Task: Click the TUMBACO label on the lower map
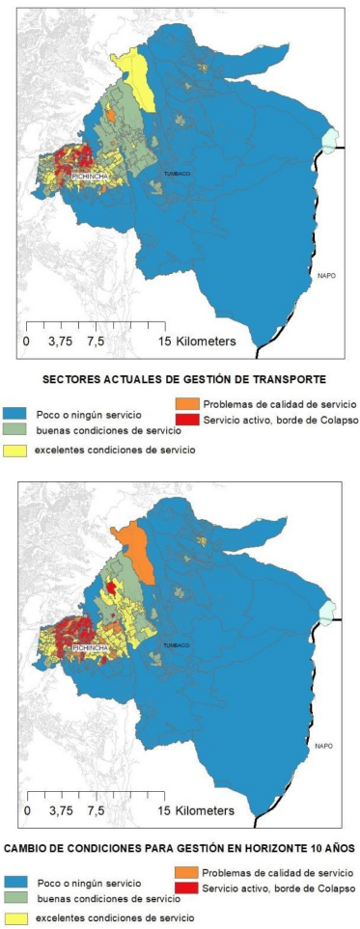[176, 643]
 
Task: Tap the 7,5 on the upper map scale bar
[97, 341]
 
